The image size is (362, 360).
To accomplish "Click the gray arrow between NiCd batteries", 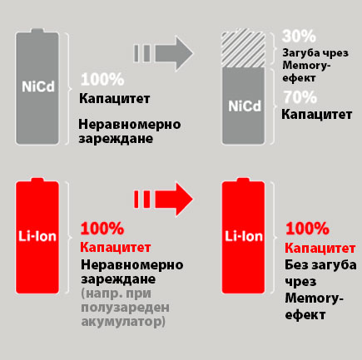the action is (x=164, y=53).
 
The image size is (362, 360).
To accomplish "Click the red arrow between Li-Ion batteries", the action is (x=164, y=199).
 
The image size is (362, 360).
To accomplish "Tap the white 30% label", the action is (x=299, y=36).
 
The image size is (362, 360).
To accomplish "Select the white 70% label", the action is (x=300, y=97).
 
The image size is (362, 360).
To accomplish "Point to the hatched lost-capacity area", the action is (x=243, y=47).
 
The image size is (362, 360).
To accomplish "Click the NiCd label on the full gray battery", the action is (x=38, y=86).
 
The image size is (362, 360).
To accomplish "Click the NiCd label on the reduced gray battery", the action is (x=245, y=106).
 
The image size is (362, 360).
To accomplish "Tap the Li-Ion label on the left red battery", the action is (x=37, y=236).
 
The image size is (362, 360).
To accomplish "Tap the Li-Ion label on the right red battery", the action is (x=244, y=236).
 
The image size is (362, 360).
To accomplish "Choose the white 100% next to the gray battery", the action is (x=102, y=80).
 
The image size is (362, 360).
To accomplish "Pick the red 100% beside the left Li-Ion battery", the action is (x=102, y=229).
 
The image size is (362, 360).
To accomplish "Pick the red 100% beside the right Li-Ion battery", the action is (x=307, y=229).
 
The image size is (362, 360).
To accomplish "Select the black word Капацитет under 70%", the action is (x=317, y=114).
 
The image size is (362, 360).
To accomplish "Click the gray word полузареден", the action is (x=125, y=308).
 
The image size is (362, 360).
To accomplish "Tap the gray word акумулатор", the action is (x=121, y=322).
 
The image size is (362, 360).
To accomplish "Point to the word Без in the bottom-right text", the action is (x=296, y=265).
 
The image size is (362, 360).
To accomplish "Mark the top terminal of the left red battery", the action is (x=37, y=180).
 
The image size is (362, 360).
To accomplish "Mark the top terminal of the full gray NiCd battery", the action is (x=37, y=31).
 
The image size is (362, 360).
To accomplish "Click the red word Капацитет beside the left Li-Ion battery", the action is (x=116, y=247).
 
